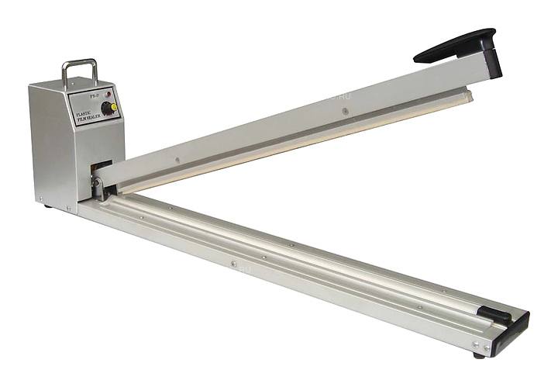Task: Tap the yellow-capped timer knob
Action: coord(113,106)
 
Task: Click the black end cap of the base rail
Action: coord(513,327)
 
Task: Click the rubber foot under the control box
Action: coord(48,206)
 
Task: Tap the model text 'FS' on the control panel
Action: coord(94,98)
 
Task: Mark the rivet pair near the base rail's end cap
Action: coord(482,343)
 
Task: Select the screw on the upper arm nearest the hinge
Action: coord(177,161)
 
